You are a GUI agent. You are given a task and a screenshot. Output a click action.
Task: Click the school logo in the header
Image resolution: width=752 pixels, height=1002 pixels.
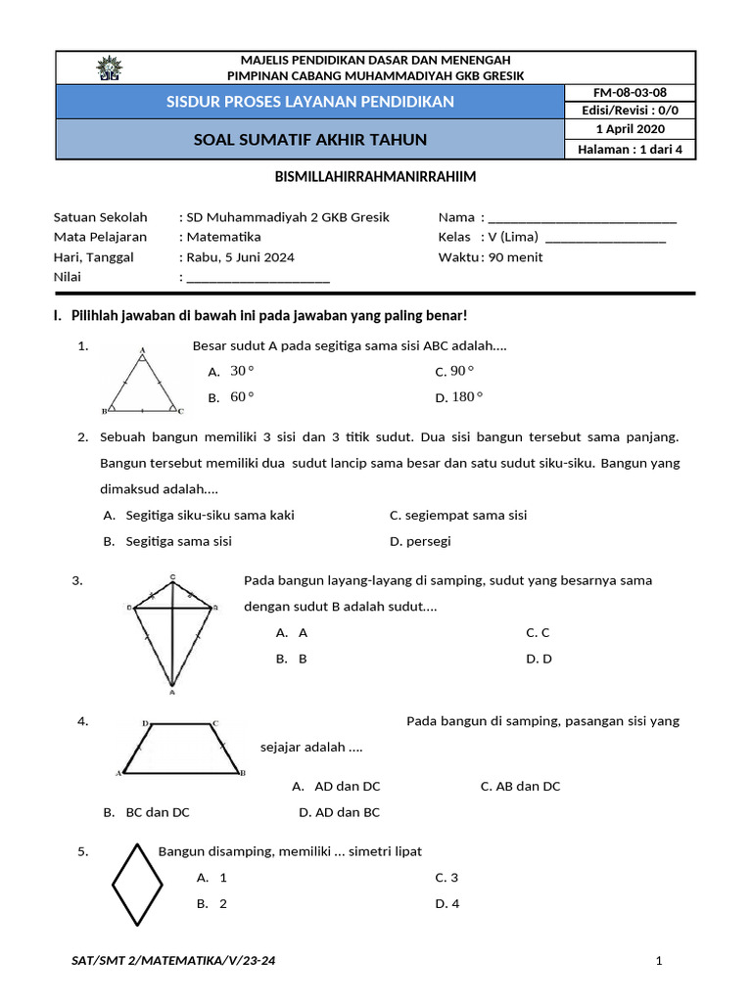(x=107, y=68)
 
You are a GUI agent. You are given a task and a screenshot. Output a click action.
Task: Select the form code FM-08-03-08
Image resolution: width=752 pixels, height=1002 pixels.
(x=630, y=92)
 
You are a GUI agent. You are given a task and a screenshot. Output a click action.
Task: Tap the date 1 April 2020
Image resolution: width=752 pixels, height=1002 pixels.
(x=630, y=129)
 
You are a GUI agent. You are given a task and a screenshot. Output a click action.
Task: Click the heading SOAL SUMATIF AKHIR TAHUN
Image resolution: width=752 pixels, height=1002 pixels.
(x=310, y=140)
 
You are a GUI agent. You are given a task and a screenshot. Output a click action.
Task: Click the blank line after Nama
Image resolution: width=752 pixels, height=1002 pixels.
(x=582, y=217)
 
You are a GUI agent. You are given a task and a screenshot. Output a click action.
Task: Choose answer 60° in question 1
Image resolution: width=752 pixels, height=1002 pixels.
(x=241, y=397)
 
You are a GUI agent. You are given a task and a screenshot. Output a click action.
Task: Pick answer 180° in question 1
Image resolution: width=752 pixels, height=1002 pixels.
(x=467, y=397)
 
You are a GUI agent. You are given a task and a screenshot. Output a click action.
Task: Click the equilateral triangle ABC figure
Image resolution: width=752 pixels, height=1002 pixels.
(x=143, y=382)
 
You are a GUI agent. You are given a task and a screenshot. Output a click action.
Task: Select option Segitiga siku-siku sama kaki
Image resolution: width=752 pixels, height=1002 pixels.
(x=210, y=515)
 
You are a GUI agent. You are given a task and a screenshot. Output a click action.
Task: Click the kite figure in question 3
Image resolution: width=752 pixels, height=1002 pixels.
(x=172, y=632)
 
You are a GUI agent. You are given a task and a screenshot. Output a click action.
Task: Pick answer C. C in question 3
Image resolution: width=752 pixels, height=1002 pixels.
(x=538, y=632)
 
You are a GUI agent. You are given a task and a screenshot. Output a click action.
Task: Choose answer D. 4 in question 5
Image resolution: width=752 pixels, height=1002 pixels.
(x=447, y=903)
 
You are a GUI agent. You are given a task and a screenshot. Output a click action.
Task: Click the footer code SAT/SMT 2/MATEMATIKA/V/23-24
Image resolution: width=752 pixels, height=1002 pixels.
(x=173, y=961)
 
